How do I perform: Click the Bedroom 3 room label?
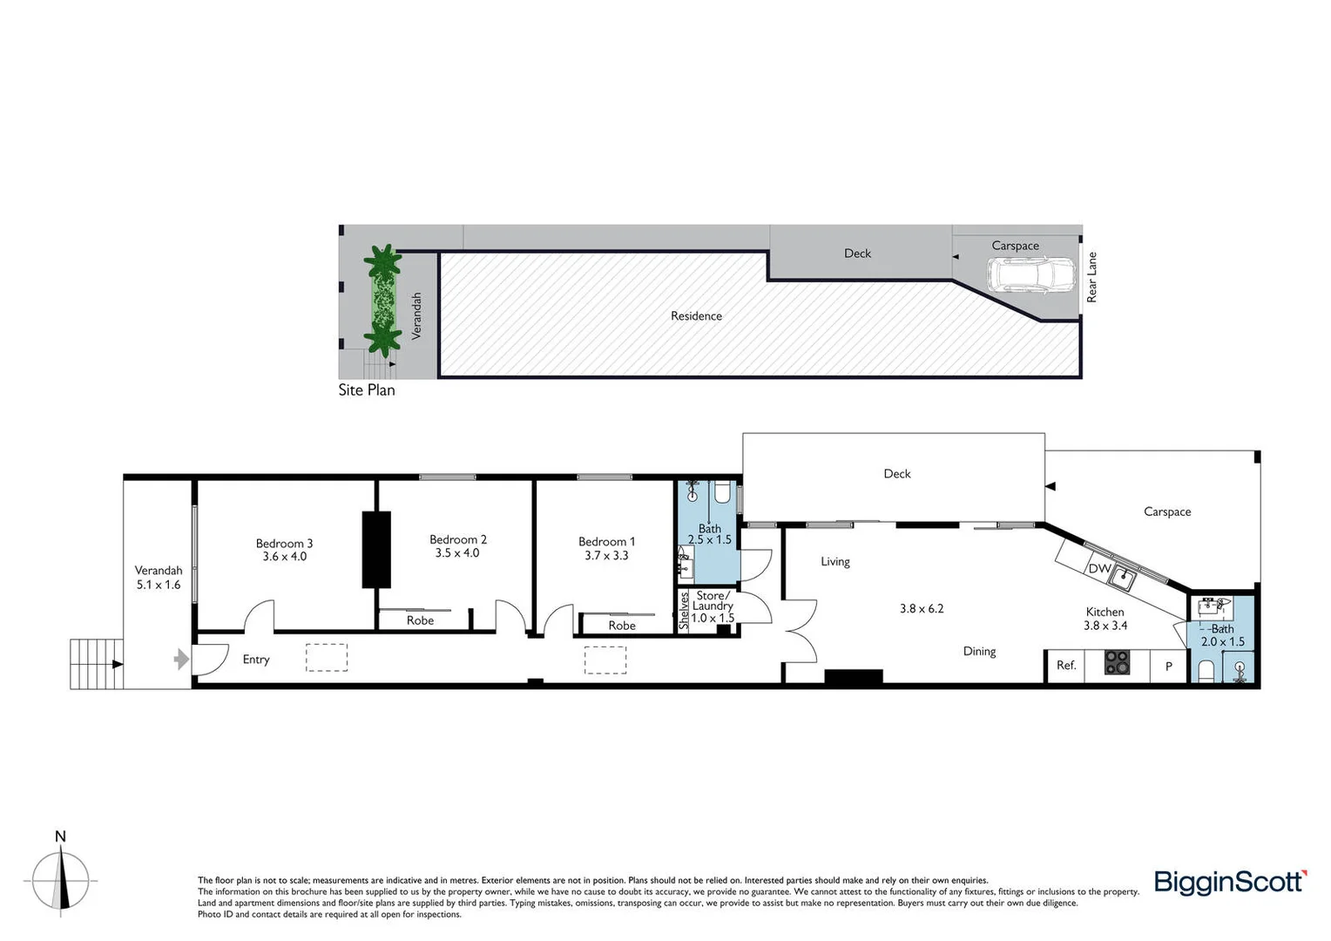click(284, 544)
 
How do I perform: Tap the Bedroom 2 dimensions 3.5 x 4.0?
click(457, 553)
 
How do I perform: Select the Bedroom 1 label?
click(606, 541)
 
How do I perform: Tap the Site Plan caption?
click(367, 390)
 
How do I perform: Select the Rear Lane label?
click(1091, 278)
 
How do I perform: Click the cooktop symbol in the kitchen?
click(1117, 663)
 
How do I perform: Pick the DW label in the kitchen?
click(1098, 569)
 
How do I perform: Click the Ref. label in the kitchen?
click(1066, 665)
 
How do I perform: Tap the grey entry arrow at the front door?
click(181, 659)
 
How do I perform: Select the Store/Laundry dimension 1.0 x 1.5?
click(713, 619)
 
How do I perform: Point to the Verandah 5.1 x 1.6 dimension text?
click(159, 585)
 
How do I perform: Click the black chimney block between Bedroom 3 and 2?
click(377, 550)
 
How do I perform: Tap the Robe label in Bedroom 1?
click(622, 626)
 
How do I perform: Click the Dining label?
click(979, 651)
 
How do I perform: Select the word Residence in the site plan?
click(696, 316)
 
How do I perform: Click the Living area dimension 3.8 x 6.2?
click(922, 608)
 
